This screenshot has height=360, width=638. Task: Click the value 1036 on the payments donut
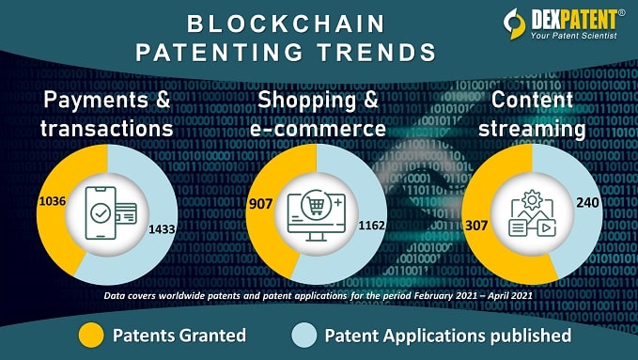pos(52,201)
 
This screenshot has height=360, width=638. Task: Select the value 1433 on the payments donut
pos(162,227)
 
